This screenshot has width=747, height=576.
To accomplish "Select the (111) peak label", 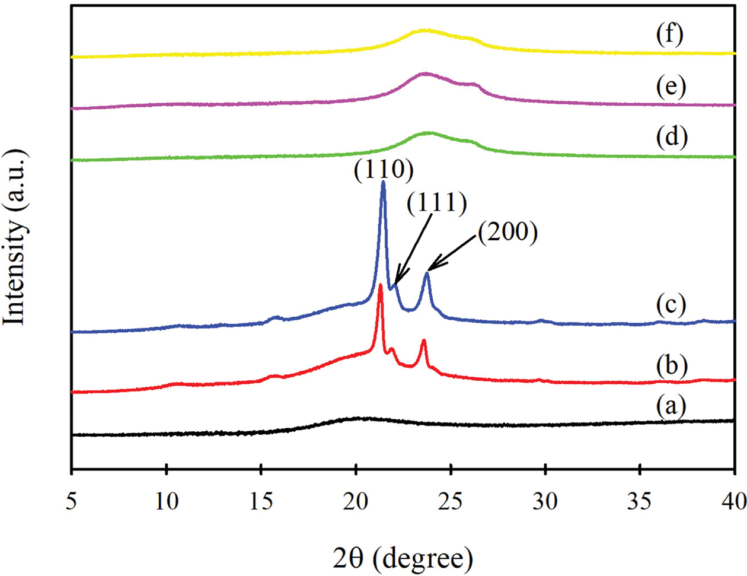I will click(x=437, y=203).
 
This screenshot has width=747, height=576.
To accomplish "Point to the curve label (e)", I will click(x=671, y=87).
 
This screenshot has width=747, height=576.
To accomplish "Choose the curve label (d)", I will click(x=671, y=138).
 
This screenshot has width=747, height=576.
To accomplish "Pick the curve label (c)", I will click(x=671, y=305).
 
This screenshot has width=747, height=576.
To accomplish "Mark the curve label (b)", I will click(x=671, y=366).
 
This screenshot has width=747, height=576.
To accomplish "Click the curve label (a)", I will click(x=671, y=407).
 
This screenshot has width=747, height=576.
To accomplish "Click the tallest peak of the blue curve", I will click(x=383, y=183).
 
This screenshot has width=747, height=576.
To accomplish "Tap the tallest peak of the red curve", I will click(x=380, y=286).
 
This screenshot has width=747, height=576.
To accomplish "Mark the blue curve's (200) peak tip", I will click(x=427, y=273).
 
